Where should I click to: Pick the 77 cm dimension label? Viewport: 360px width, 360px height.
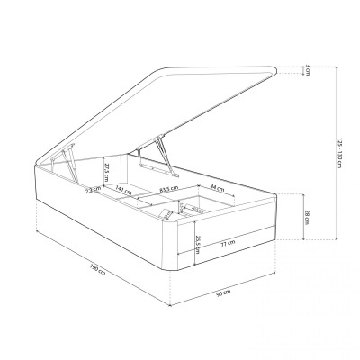229,243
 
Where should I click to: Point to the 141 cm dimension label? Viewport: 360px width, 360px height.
120,189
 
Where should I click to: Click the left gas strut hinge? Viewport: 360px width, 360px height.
66,163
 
